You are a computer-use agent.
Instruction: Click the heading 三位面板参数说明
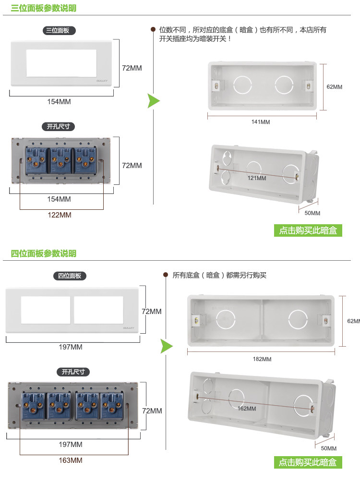[x=44, y=8]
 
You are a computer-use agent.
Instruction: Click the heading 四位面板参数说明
[x=44, y=254]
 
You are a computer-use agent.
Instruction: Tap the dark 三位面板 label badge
[x=59, y=31]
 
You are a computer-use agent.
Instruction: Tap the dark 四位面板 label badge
[x=70, y=276]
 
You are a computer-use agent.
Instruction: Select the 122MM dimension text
[x=59, y=215]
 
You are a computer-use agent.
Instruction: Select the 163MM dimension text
[x=71, y=460]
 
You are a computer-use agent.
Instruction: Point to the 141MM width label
[x=261, y=122]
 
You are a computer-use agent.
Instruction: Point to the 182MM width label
[x=262, y=359]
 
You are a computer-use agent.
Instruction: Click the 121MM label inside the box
[x=257, y=178]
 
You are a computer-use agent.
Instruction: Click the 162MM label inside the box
[x=247, y=409]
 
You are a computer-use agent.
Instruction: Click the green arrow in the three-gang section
[x=153, y=101]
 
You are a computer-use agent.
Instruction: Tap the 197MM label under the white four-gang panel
[x=71, y=347]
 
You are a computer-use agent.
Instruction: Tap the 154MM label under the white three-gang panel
[x=59, y=102]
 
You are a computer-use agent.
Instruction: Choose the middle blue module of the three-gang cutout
[x=60, y=160]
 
